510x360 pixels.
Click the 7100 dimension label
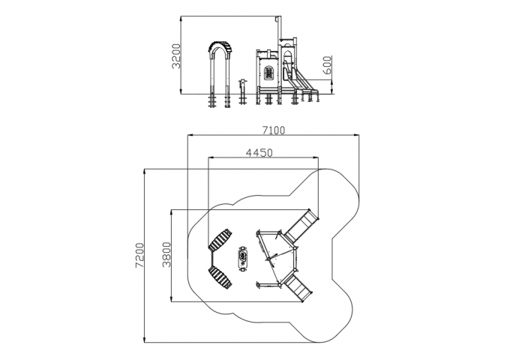pos(274,130)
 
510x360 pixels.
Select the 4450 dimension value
pos(259,152)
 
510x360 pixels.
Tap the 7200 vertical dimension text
pos(139,255)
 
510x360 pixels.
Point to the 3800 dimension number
pos(166,254)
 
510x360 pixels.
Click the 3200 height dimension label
pos(176,56)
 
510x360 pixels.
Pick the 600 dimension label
pos(328,65)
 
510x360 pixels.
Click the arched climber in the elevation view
pos(220,74)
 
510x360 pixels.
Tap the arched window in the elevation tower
pos(268,72)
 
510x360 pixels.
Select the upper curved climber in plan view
pos(220,240)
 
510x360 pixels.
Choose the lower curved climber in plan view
pos(220,277)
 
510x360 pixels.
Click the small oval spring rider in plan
pos(243,258)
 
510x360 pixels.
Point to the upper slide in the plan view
pos(301,225)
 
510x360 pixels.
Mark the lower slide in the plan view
pos(299,287)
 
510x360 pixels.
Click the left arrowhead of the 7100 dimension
pos(190,134)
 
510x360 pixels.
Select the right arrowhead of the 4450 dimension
pos(316,157)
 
